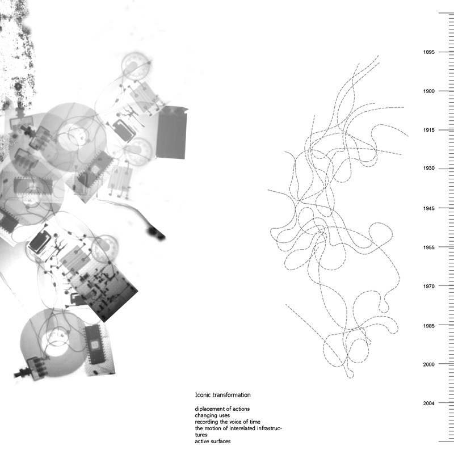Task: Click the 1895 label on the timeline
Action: tap(429, 52)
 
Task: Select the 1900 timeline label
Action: tap(429, 91)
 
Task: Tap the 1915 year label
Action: tap(429, 130)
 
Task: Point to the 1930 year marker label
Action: tap(429, 168)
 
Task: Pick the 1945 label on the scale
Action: tap(429, 208)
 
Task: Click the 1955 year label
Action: tap(429, 247)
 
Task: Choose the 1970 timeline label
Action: tap(429, 287)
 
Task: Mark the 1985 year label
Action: tap(429, 326)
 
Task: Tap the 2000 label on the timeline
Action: tap(429, 364)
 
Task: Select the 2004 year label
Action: tap(429, 403)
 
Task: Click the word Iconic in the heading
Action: tap(202, 395)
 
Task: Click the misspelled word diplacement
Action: tap(210, 409)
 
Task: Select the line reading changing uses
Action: tap(212, 415)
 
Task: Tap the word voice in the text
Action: tap(235, 422)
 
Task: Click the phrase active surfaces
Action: tap(212, 442)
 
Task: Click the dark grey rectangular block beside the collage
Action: tap(171, 133)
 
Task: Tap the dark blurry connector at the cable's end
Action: tap(156, 233)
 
